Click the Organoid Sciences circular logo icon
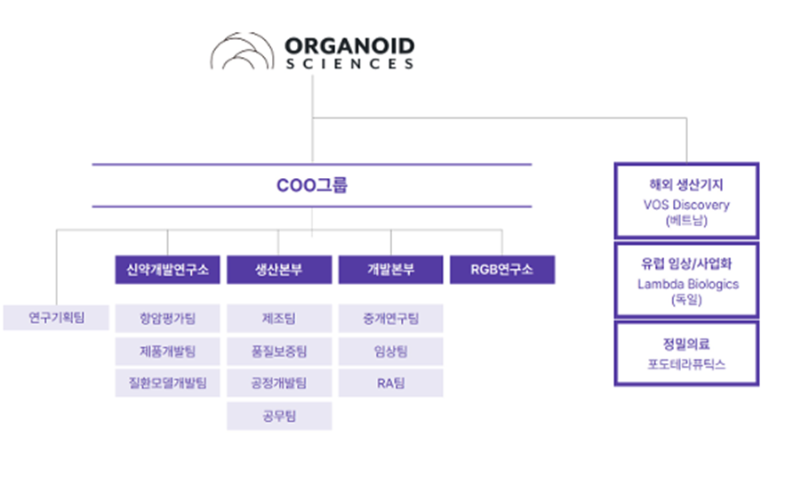243,51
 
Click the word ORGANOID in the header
349,46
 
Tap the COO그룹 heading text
312,185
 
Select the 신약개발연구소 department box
167,270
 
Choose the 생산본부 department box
279,270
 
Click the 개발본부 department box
390,270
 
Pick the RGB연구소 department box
502,270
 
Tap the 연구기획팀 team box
56,317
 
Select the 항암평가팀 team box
167,318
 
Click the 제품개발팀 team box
167,352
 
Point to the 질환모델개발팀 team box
167,384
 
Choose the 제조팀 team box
279,318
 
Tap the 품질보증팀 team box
279,352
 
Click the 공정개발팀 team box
279,384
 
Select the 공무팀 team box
279,416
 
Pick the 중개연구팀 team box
390,318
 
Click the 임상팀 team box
390,352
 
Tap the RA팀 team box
390,384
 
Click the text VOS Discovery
686,205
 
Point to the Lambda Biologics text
688,284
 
